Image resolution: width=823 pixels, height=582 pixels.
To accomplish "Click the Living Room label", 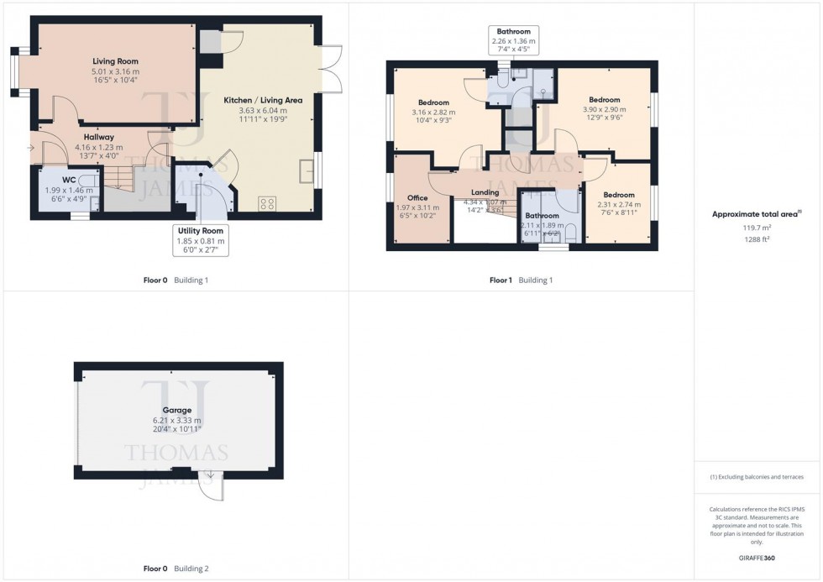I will pos(115,61).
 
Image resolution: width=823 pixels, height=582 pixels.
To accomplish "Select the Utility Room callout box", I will pos(200,239).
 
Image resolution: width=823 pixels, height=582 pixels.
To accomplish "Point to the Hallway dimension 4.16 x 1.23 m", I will pos(98,147).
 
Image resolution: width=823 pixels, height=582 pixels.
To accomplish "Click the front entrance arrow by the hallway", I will pos(32,148).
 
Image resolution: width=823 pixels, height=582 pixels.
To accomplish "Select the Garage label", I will pos(176,410).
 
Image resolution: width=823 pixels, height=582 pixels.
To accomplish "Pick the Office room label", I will pos(417,198).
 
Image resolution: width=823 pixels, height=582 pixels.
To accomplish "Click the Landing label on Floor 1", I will pos(485,192).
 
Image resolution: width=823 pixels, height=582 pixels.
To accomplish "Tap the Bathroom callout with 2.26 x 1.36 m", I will pos(513,41).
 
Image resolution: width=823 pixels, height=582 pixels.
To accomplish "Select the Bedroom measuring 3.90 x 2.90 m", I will pos(604,99).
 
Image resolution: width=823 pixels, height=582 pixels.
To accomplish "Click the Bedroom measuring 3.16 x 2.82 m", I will pos(433,102).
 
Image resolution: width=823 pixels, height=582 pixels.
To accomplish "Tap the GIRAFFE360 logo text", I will pos(758,557).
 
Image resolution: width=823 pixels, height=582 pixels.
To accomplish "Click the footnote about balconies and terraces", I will pos(757,477).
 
